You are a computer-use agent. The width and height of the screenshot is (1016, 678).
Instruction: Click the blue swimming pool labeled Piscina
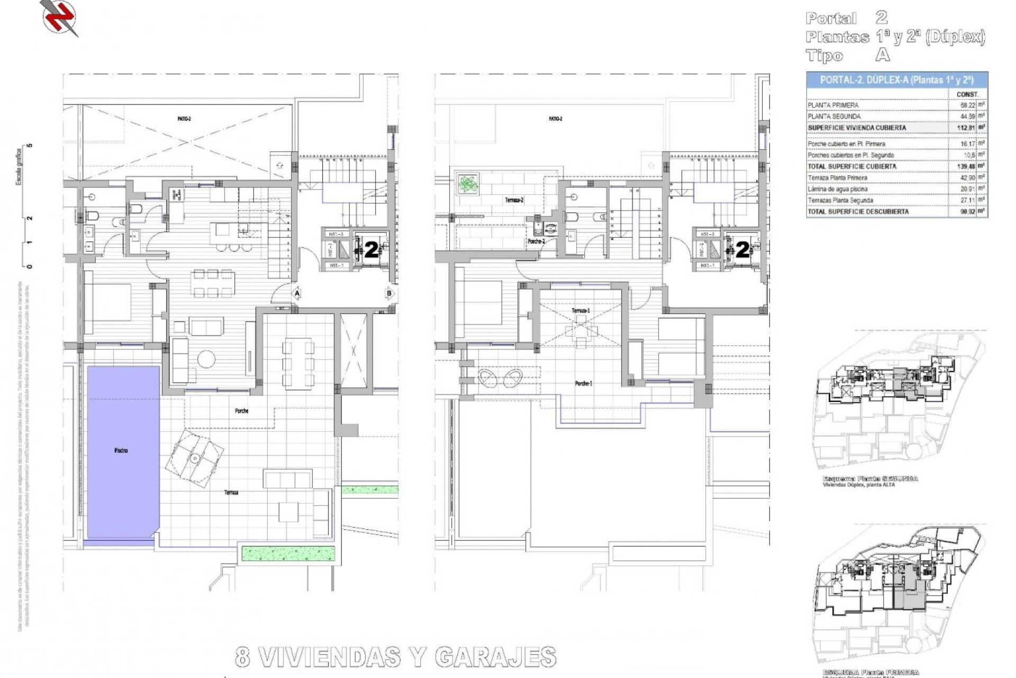coord(123,450)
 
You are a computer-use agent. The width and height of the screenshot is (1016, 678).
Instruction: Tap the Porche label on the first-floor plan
coord(241,411)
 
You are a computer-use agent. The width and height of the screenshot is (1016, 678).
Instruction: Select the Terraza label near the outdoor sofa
coord(231,493)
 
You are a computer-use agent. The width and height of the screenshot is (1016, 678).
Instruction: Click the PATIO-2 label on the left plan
coord(184,119)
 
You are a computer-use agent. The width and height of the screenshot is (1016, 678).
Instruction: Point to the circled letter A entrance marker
coord(297,293)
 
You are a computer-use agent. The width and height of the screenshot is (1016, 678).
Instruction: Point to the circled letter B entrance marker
coord(389,293)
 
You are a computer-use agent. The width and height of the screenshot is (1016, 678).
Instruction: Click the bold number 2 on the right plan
coord(743,250)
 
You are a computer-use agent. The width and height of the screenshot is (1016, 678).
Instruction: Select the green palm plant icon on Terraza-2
coord(468,184)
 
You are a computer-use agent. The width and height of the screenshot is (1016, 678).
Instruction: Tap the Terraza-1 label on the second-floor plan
coord(580,310)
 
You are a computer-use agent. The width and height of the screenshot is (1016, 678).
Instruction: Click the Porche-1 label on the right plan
coord(584,383)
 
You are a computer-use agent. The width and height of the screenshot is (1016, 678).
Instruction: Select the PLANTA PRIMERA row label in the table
coord(833,105)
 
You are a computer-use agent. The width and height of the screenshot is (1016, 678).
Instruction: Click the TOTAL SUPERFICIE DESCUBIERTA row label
coord(858,211)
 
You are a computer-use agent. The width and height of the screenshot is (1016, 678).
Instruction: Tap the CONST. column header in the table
coord(967,94)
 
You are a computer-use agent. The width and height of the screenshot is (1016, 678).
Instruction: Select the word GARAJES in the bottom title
coord(495,657)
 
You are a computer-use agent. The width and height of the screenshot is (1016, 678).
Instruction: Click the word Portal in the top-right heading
coord(831,19)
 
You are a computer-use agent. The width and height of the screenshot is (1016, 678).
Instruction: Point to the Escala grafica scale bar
coord(24,207)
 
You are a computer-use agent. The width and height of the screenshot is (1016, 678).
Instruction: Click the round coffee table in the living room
coord(206,359)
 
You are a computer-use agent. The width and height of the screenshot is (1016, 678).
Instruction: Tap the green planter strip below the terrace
coord(288,554)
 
